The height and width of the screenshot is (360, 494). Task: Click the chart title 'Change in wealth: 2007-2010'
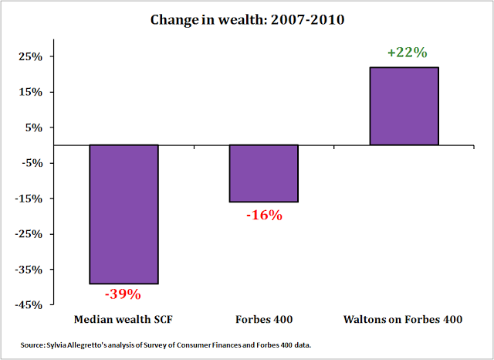(x=246, y=18)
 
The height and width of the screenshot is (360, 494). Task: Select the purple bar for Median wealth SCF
(x=123, y=214)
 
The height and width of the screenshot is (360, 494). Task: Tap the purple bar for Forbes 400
(x=264, y=173)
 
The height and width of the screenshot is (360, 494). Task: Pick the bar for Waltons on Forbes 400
(x=404, y=106)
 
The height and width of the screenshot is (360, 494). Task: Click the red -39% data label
(x=123, y=294)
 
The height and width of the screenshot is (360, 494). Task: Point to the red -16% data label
(x=264, y=215)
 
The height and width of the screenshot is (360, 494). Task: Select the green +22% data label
(x=404, y=53)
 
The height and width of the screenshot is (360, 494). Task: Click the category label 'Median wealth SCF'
(x=123, y=319)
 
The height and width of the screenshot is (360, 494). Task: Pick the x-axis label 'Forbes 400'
(x=264, y=319)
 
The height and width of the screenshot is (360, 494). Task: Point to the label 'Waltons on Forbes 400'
(x=404, y=319)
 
